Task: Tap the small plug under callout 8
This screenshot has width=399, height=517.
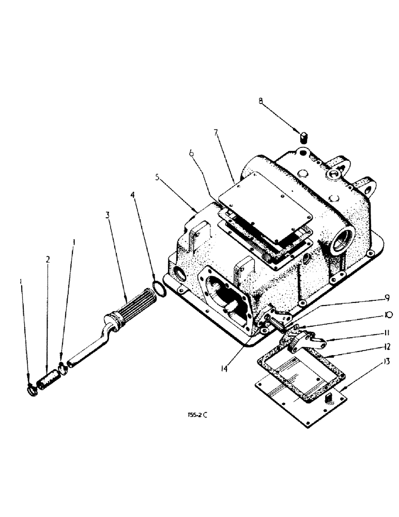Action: pos(304,137)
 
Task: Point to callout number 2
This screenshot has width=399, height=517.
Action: pos(49,260)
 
